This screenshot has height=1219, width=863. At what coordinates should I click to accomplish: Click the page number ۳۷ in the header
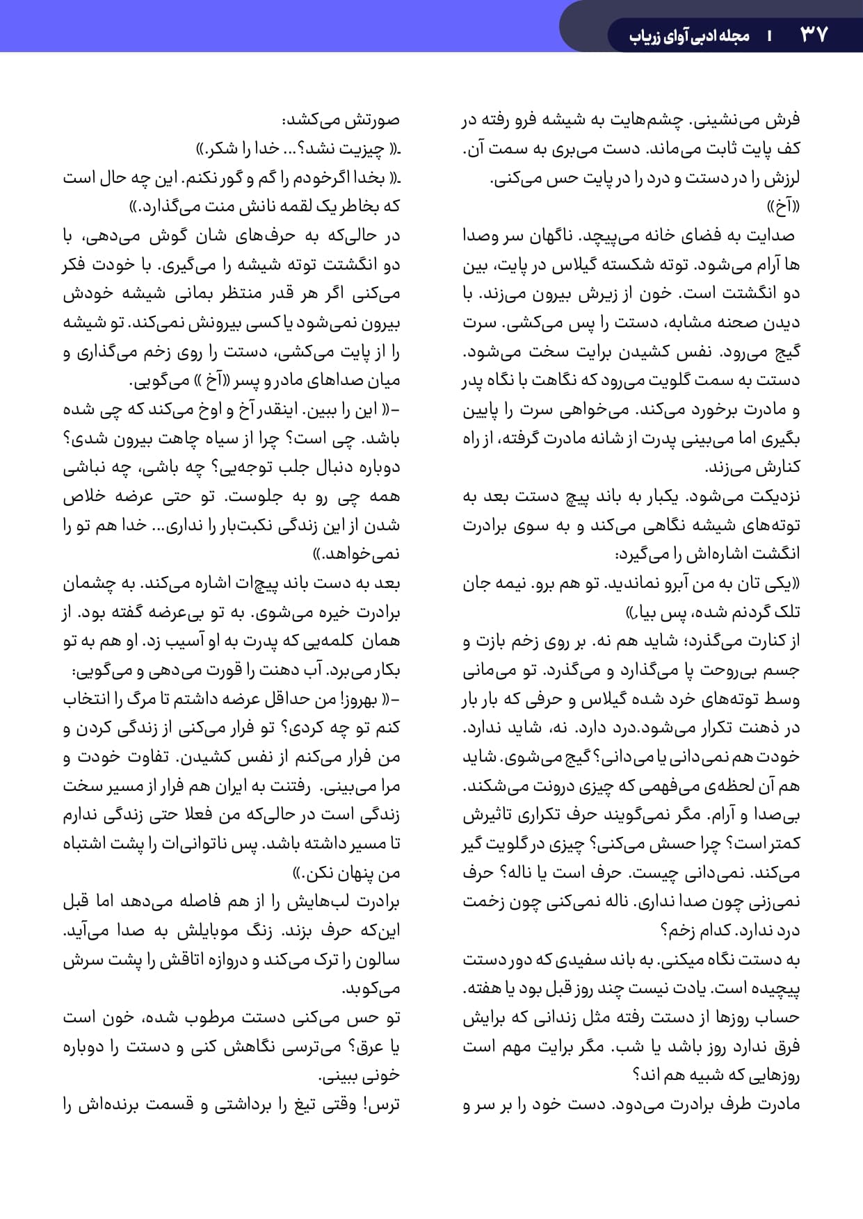(814, 34)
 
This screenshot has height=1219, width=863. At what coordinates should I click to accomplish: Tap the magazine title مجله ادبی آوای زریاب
(689, 35)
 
